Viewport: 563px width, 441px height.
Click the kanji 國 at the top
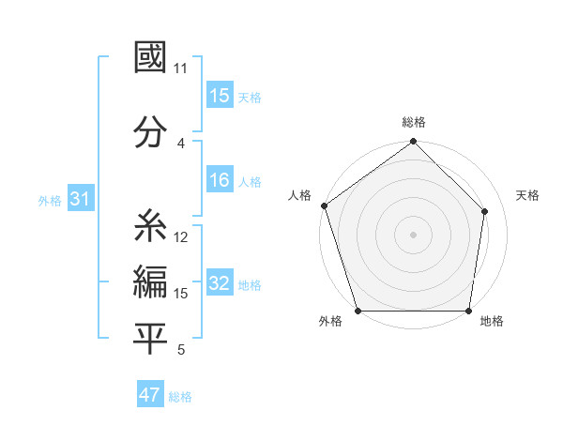coord(150,57)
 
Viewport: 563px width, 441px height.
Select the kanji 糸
coord(150,226)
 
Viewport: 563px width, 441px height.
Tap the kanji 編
coord(150,282)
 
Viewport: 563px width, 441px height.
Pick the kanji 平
coord(150,340)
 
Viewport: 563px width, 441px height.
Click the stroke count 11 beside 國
coord(180,68)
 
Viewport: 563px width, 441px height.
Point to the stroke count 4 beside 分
coord(181,143)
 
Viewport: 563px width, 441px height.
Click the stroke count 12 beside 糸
coord(181,237)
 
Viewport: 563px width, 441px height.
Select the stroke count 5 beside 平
coord(181,351)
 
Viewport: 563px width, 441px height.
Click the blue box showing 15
coord(220,96)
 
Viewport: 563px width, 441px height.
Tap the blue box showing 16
coord(220,180)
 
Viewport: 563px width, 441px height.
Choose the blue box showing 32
coord(220,283)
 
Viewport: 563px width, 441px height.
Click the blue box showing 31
coord(81,199)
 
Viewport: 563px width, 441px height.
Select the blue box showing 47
coord(150,395)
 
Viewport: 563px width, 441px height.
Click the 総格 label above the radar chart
coord(414,122)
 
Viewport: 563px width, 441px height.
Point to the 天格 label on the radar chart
coord(527,195)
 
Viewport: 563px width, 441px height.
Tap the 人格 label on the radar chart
coord(299,195)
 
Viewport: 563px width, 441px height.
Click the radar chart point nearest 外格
coord(358,311)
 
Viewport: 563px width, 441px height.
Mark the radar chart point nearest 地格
coord(469,311)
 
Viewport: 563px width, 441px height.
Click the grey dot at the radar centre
coord(414,234)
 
